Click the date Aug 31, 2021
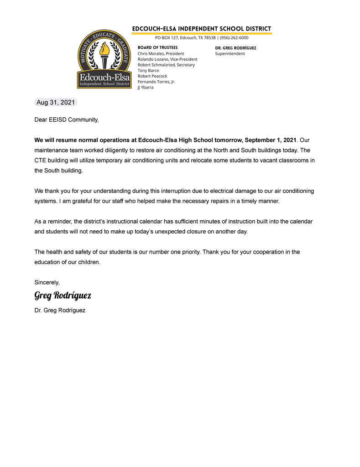coord(56,103)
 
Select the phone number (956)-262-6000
coord(234,38)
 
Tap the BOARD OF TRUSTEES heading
coord(157,47)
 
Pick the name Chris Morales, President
coord(161,53)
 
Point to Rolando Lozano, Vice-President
coord(167,59)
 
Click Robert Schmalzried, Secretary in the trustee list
coord(166,65)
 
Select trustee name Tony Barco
coord(148,70)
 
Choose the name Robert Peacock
coord(152,76)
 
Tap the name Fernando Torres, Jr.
coord(157,82)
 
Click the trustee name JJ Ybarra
coord(146,87)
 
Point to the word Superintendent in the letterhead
coord(230,53)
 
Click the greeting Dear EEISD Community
coord(67,120)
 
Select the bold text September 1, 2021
coord(271,140)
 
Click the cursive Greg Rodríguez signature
coord(63,296)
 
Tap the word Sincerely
coord(47,282)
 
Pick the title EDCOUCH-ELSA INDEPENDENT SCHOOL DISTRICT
coord(202,29)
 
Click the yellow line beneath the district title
coord(202,33)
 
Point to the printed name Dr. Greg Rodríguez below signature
coord(60,310)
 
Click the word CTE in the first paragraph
coord(41,161)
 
